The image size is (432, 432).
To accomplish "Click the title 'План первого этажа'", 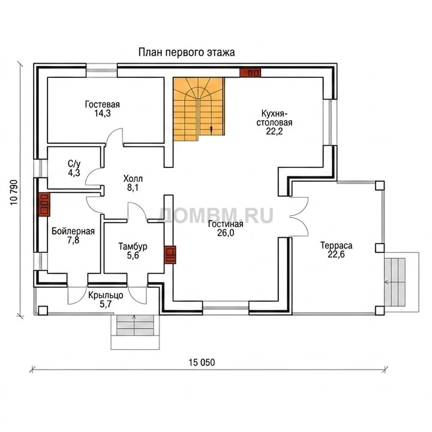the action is pos(187,52).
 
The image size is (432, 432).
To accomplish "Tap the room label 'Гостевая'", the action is pos(102,104).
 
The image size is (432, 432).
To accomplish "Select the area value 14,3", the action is pos(103,113).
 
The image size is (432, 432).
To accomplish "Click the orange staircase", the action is pos(199,109).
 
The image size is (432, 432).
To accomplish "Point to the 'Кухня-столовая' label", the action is pos(274,118).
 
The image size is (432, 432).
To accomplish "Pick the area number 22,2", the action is pos(274,131).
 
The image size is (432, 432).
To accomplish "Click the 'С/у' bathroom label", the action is pos(74,164).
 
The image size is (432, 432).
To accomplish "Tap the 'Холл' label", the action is pos(133,179).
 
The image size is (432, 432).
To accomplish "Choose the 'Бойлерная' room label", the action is pos(73,231).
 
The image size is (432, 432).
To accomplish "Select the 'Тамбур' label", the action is pos(133,247).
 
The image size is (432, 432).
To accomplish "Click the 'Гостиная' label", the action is pos(226,224).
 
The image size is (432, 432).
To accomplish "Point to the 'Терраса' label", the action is pos(336,245).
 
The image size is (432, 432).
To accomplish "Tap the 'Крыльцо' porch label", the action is pos(106,295).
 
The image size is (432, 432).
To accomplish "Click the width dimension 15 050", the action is pos(202,362).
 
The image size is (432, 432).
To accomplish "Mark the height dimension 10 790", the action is pos(14,193).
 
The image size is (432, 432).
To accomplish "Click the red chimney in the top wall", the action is pos(250,73).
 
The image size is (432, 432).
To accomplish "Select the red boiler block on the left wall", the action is pos(44,204).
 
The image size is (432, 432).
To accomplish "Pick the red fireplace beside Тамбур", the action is pos(170,255).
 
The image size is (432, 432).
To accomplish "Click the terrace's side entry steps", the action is pos(395,282).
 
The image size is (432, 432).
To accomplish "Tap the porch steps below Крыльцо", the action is pos(135,325).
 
